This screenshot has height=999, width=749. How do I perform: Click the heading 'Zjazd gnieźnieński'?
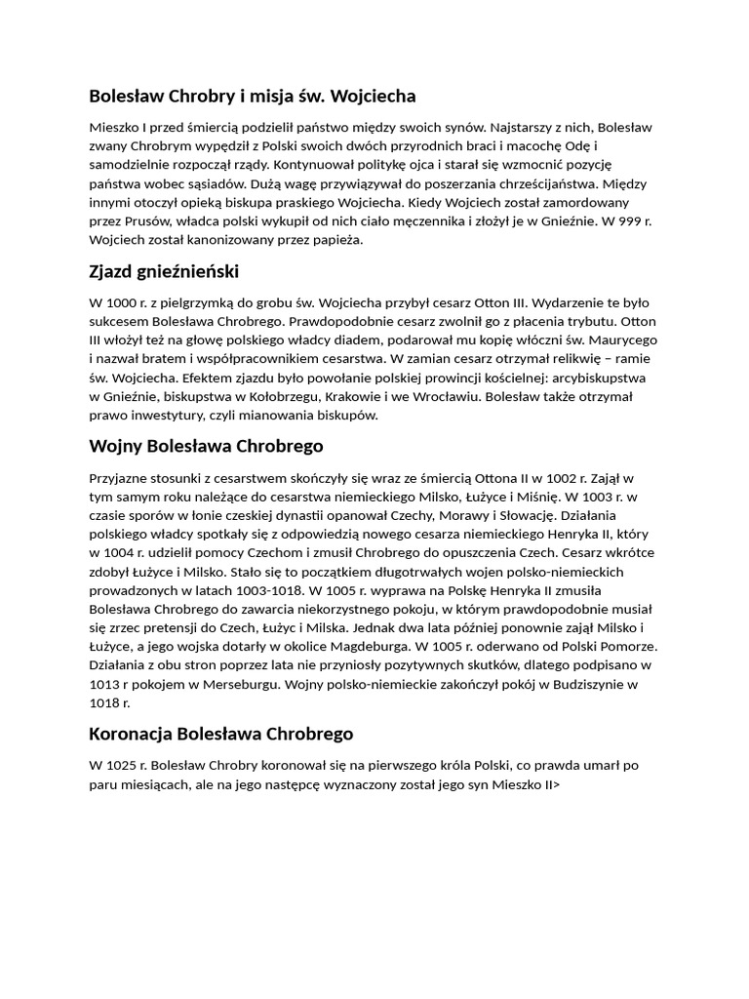click(163, 271)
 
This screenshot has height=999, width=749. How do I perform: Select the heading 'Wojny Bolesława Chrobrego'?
click(206, 446)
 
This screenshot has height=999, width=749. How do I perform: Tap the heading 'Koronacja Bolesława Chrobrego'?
click(220, 733)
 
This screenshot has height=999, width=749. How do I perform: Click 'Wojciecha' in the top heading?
click(373, 96)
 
